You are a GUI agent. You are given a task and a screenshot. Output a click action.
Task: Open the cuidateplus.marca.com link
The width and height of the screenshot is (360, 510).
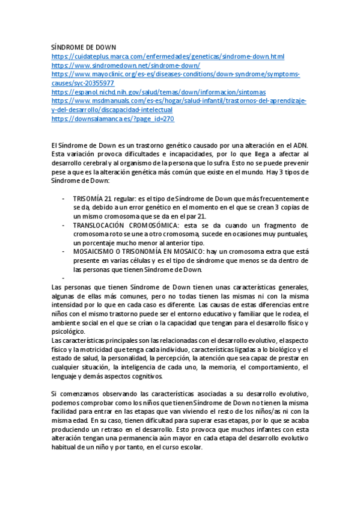(168, 57)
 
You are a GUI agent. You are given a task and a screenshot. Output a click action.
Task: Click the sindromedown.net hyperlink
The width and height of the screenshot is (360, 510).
(126, 66)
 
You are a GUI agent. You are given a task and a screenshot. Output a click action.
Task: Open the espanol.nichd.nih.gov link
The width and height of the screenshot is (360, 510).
(159, 93)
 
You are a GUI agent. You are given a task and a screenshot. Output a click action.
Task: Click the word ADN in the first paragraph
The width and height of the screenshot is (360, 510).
(299, 146)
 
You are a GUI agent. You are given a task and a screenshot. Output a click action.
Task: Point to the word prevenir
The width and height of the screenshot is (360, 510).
(295, 164)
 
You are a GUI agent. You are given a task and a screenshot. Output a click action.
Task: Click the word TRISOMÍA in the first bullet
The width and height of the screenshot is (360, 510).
(88, 198)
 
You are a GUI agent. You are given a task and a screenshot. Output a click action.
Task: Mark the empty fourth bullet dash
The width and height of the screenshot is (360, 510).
(63, 278)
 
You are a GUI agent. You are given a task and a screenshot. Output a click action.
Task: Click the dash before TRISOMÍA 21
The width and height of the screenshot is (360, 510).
(63, 198)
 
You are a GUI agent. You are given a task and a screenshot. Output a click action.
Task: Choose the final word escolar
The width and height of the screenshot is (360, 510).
(191, 448)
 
